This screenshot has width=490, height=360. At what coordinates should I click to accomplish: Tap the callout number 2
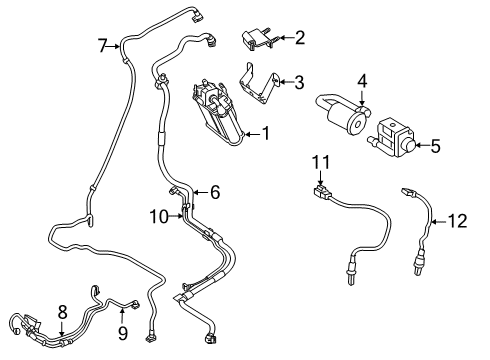click(x=298, y=38)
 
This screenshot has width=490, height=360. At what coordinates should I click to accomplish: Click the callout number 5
click(x=435, y=146)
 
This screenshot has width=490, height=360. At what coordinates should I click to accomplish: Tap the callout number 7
click(x=102, y=44)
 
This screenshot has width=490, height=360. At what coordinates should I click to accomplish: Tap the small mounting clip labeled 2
click(x=256, y=40)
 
